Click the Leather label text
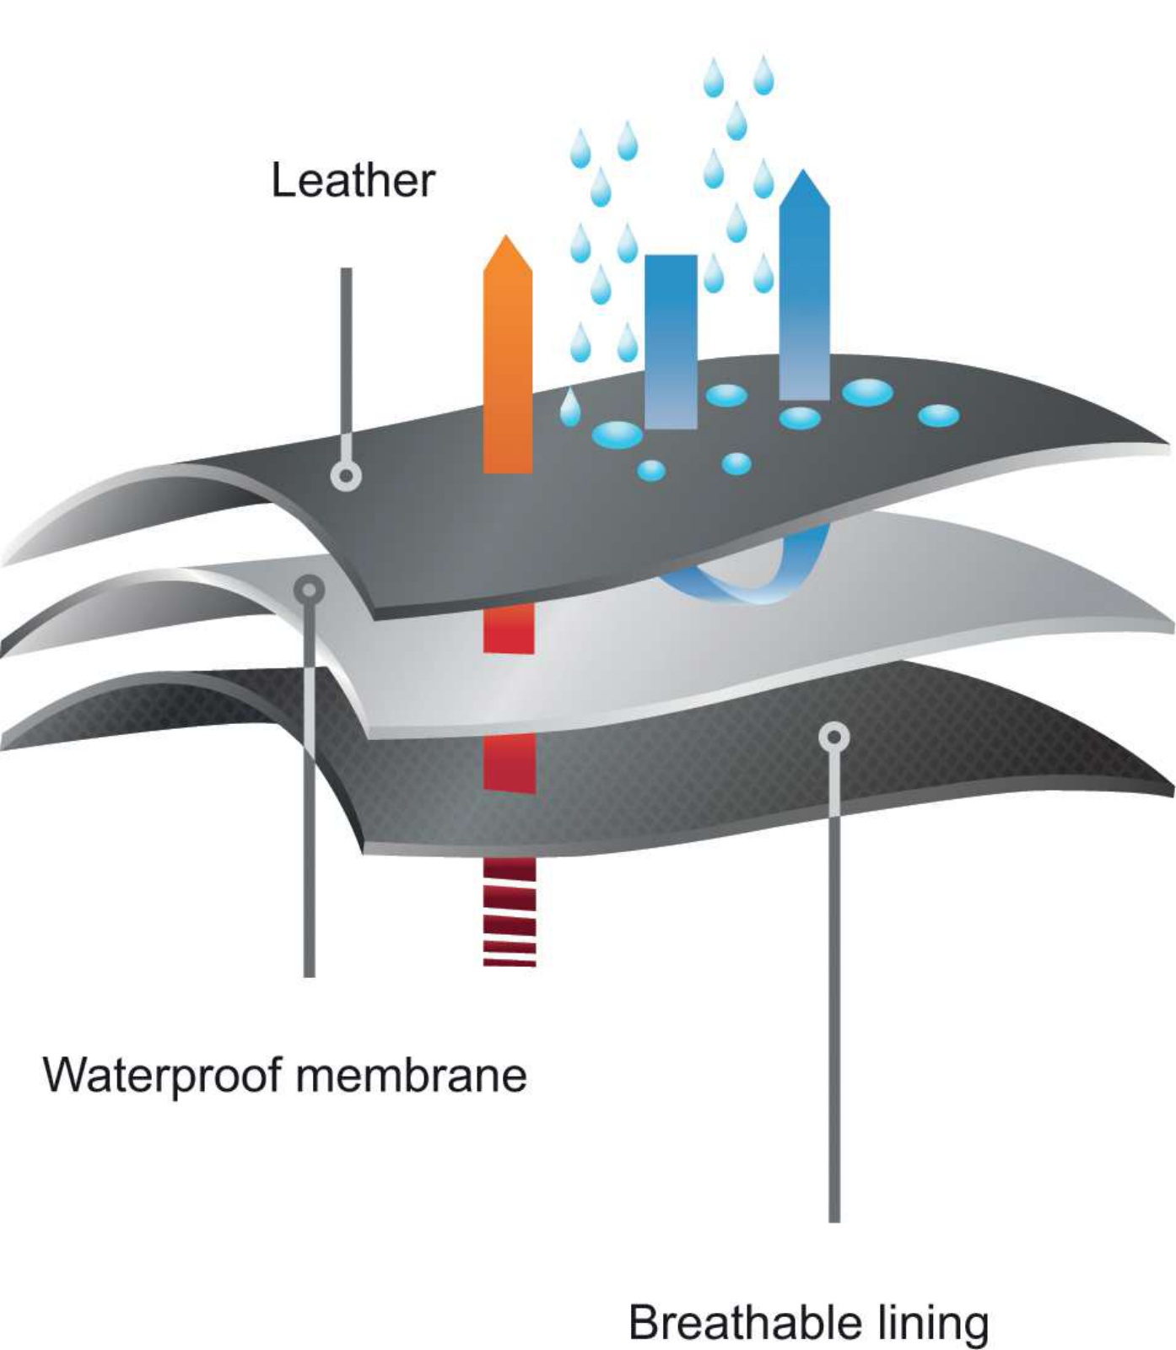[353, 181]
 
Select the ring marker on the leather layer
[346, 476]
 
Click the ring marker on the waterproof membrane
[310, 590]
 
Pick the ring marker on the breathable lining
[833, 737]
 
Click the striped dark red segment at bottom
[510, 912]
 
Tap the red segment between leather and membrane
[509, 628]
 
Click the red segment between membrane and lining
[510, 764]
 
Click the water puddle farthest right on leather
[938, 415]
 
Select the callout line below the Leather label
[346, 363]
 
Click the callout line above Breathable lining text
[834, 1012]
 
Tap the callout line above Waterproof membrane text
[310, 802]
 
